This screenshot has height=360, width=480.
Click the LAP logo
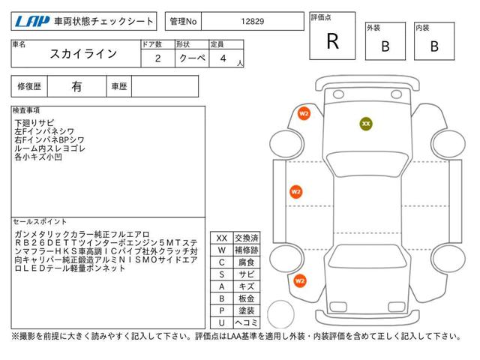pos(32,22)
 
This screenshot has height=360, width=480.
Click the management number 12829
pos(253,22)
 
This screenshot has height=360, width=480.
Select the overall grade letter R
pos(333,41)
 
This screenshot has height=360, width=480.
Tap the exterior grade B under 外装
pos(385,46)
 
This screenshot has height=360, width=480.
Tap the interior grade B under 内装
pos(434,46)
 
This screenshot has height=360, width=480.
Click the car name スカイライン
pos(83,54)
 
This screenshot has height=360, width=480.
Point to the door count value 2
pos(158,58)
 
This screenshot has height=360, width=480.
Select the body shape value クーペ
pos(192,58)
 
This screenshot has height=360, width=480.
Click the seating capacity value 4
pos(223,58)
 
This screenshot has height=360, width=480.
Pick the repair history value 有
pos(76,87)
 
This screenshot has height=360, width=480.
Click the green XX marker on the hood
pos(366,124)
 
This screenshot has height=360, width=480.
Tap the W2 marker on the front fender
pos(304,114)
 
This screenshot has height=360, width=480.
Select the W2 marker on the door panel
pos(296,192)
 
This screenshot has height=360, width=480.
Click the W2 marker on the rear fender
pos(300,281)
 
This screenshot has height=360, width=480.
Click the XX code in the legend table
pos(222,238)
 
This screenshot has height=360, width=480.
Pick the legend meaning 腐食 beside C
pos(247,262)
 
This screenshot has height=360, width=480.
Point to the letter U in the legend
pos(222,322)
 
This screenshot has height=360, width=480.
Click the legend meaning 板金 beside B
pos(247,298)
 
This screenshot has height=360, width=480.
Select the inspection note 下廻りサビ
pos(34,123)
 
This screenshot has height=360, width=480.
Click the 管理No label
pos(183,22)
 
